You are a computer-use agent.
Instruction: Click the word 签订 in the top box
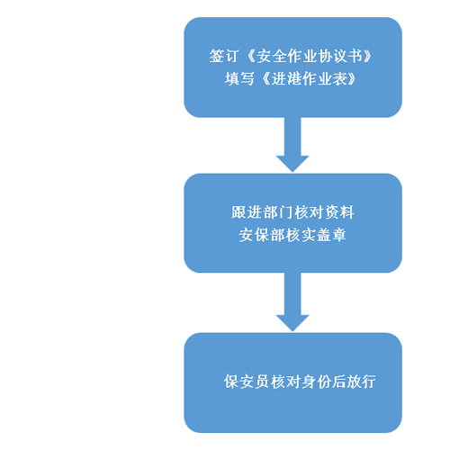(x=224, y=56)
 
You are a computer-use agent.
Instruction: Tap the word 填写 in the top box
(x=239, y=79)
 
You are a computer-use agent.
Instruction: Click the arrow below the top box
(x=292, y=145)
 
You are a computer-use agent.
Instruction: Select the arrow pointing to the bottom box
(x=292, y=302)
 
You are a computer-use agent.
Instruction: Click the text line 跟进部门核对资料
(x=292, y=212)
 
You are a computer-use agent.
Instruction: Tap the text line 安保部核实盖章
(x=292, y=235)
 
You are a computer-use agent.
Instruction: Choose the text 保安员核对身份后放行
(x=300, y=382)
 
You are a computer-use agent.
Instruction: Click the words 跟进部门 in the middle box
(x=262, y=212)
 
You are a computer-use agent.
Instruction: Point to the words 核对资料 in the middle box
(x=324, y=212)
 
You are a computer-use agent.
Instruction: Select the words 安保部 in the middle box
(x=262, y=235)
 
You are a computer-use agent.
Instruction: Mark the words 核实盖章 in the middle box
(x=316, y=235)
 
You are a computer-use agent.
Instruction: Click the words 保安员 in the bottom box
(x=247, y=382)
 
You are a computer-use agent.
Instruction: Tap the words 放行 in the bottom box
(x=361, y=382)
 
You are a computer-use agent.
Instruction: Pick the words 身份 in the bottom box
(x=316, y=382)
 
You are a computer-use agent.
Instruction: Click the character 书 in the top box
(x=355, y=56)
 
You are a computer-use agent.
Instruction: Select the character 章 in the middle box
(x=339, y=235)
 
